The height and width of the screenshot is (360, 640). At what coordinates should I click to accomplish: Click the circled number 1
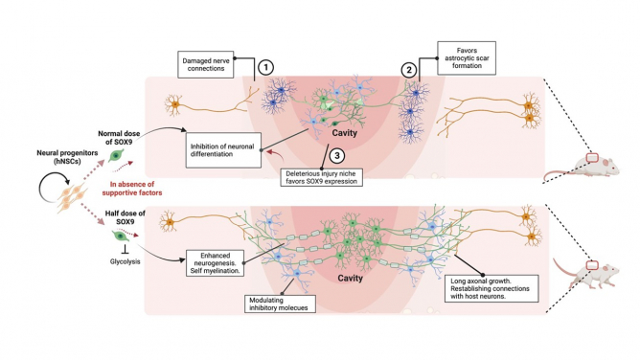click(x=265, y=68)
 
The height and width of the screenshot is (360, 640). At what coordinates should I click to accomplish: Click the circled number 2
click(x=408, y=68)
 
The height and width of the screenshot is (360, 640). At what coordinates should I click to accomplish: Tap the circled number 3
click(x=336, y=154)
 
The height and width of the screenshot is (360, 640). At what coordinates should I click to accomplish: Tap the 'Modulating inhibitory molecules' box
click(x=288, y=301)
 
